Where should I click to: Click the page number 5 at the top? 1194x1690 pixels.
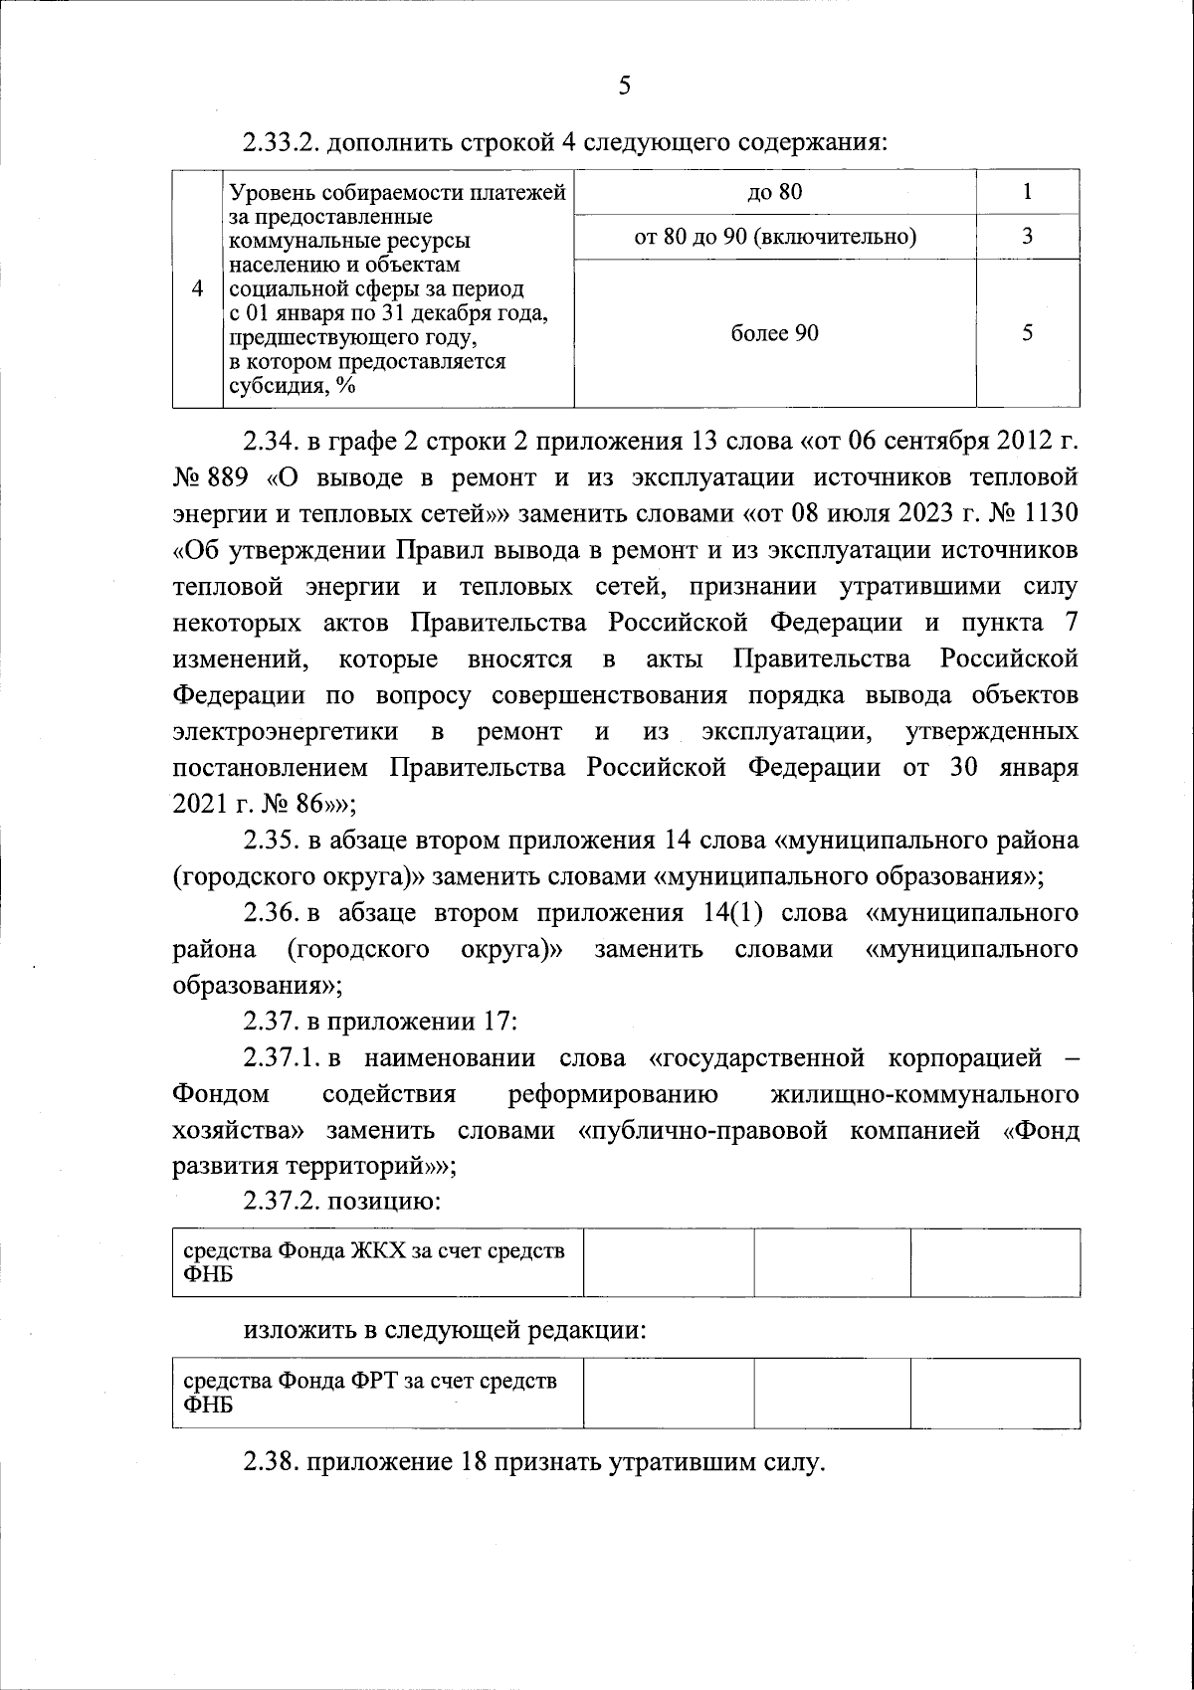point(624,86)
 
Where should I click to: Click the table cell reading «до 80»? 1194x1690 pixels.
point(775,192)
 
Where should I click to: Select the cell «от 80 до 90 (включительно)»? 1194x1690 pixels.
point(775,237)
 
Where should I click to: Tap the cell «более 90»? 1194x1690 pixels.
point(775,333)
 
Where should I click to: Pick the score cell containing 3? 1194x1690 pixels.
point(1027,237)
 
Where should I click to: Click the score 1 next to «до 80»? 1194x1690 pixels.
point(1027,192)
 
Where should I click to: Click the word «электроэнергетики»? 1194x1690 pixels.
point(286,732)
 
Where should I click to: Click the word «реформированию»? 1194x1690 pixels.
point(613,1095)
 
